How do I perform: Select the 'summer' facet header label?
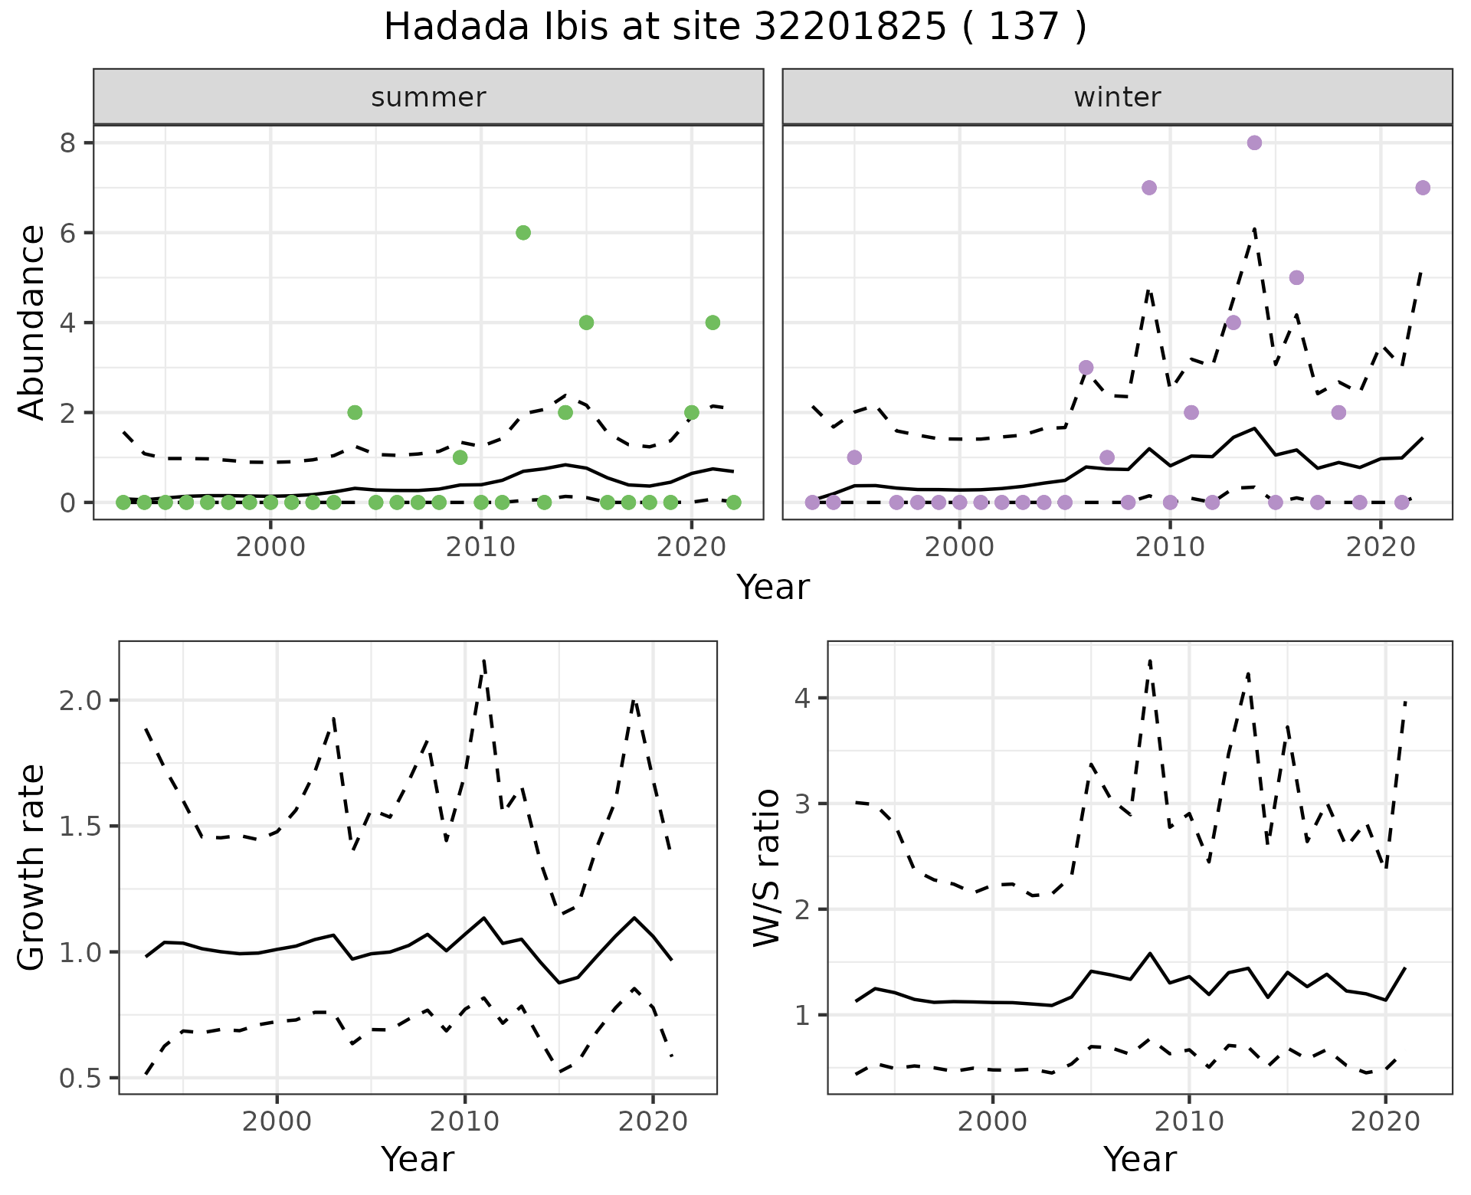tap(428, 97)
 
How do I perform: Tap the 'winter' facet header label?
tap(1117, 97)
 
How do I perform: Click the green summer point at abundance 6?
tap(523, 233)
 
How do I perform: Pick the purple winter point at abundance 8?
tap(1254, 143)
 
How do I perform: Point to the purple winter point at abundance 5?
tap(1296, 277)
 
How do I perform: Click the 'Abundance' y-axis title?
tap(31, 322)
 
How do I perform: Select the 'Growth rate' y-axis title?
tap(31, 867)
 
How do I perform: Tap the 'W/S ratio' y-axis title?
tap(766, 867)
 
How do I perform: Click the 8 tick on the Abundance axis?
tap(67, 143)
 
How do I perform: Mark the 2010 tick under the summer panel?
tap(480, 548)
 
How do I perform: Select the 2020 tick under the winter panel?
tap(1381, 548)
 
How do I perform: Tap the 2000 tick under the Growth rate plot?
tap(277, 1121)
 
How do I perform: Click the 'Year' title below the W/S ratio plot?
tap(1140, 1160)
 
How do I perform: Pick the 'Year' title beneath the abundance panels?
tap(772, 588)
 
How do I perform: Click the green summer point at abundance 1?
tap(460, 457)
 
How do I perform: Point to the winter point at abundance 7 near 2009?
tap(1149, 188)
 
